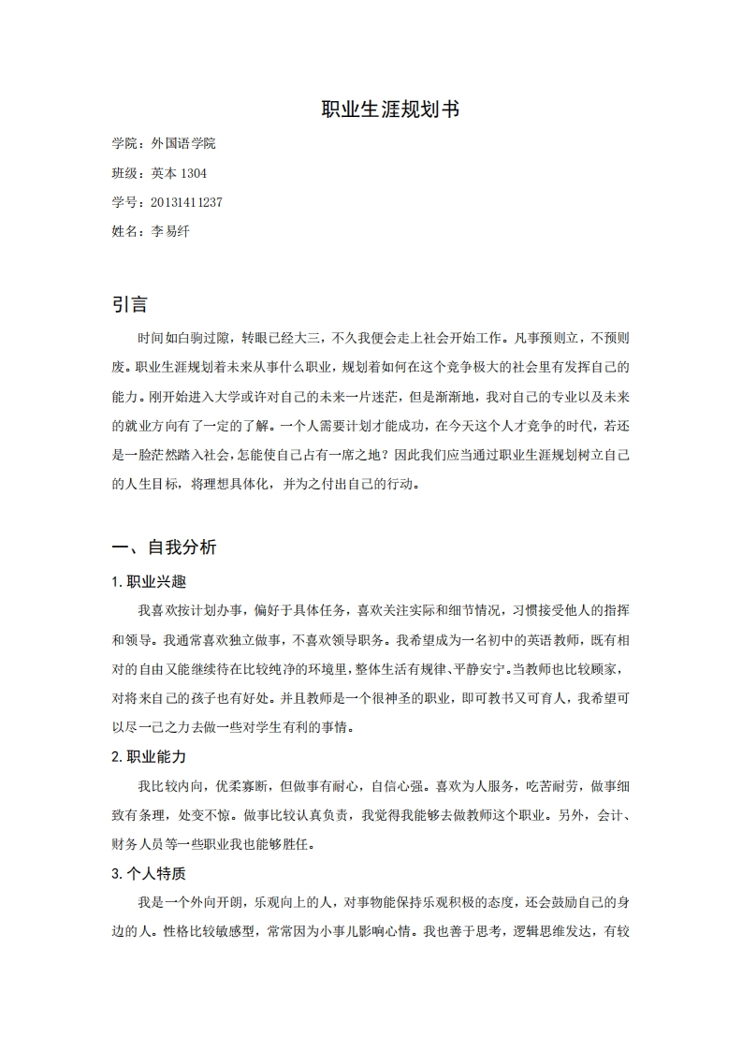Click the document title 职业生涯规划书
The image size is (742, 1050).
click(x=390, y=109)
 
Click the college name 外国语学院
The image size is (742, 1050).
click(x=183, y=143)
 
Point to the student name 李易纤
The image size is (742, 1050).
click(x=170, y=231)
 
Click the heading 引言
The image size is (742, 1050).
click(x=130, y=304)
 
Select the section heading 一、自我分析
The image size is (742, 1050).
click(x=164, y=547)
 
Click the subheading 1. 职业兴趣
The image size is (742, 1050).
click(x=149, y=581)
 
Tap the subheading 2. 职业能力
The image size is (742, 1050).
click(x=149, y=756)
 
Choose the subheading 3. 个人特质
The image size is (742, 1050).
click(x=149, y=874)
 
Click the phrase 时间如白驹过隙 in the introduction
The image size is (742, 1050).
click(x=183, y=337)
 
